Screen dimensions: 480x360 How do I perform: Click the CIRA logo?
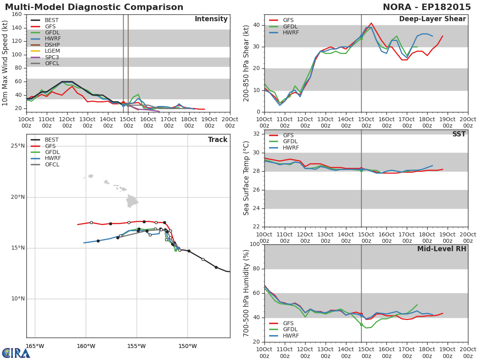16,353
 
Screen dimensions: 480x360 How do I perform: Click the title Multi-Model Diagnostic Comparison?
94,7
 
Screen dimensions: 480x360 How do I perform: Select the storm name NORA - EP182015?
427,7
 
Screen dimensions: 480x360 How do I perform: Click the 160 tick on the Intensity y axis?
17,14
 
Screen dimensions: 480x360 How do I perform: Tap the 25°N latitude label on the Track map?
18,146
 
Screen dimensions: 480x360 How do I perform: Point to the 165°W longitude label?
35,346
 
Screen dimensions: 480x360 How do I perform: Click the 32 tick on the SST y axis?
256,134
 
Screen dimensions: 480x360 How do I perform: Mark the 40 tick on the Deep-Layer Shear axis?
256,25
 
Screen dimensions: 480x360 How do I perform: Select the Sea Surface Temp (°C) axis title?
246,178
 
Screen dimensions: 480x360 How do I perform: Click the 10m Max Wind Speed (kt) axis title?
5,63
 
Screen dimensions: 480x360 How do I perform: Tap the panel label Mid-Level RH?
442,249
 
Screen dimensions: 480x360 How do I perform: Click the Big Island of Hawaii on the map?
132,201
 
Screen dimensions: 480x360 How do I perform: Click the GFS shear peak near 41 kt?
371,23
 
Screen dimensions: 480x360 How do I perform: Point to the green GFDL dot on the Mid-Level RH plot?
362,325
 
